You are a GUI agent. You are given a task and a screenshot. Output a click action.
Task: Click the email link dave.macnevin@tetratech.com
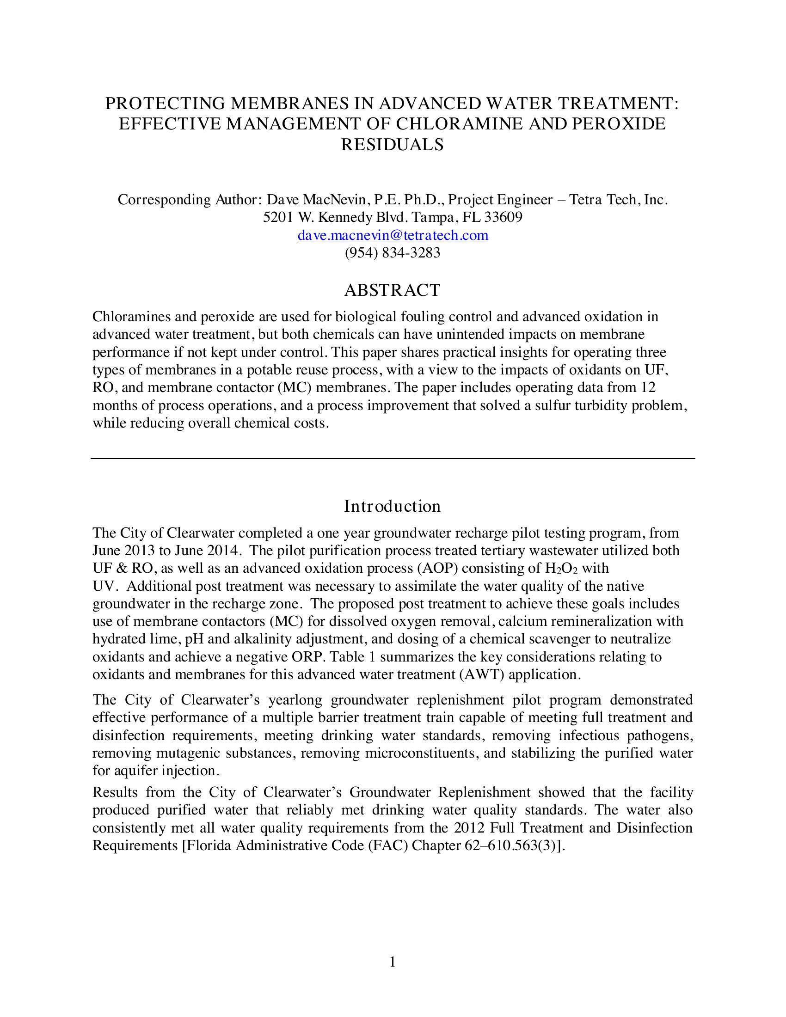pyautogui.click(x=393, y=236)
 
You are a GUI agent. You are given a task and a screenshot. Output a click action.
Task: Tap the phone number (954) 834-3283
pyautogui.click(x=392, y=253)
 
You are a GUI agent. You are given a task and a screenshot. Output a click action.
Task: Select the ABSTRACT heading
pyautogui.click(x=392, y=290)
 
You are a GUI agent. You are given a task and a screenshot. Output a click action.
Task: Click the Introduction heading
pyautogui.click(x=392, y=506)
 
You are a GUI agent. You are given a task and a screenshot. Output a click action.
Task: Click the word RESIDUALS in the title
pyautogui.click(x=392, y=145)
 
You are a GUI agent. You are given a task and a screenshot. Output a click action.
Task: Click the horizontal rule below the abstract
pyautogui.click(x=393, y=459)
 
